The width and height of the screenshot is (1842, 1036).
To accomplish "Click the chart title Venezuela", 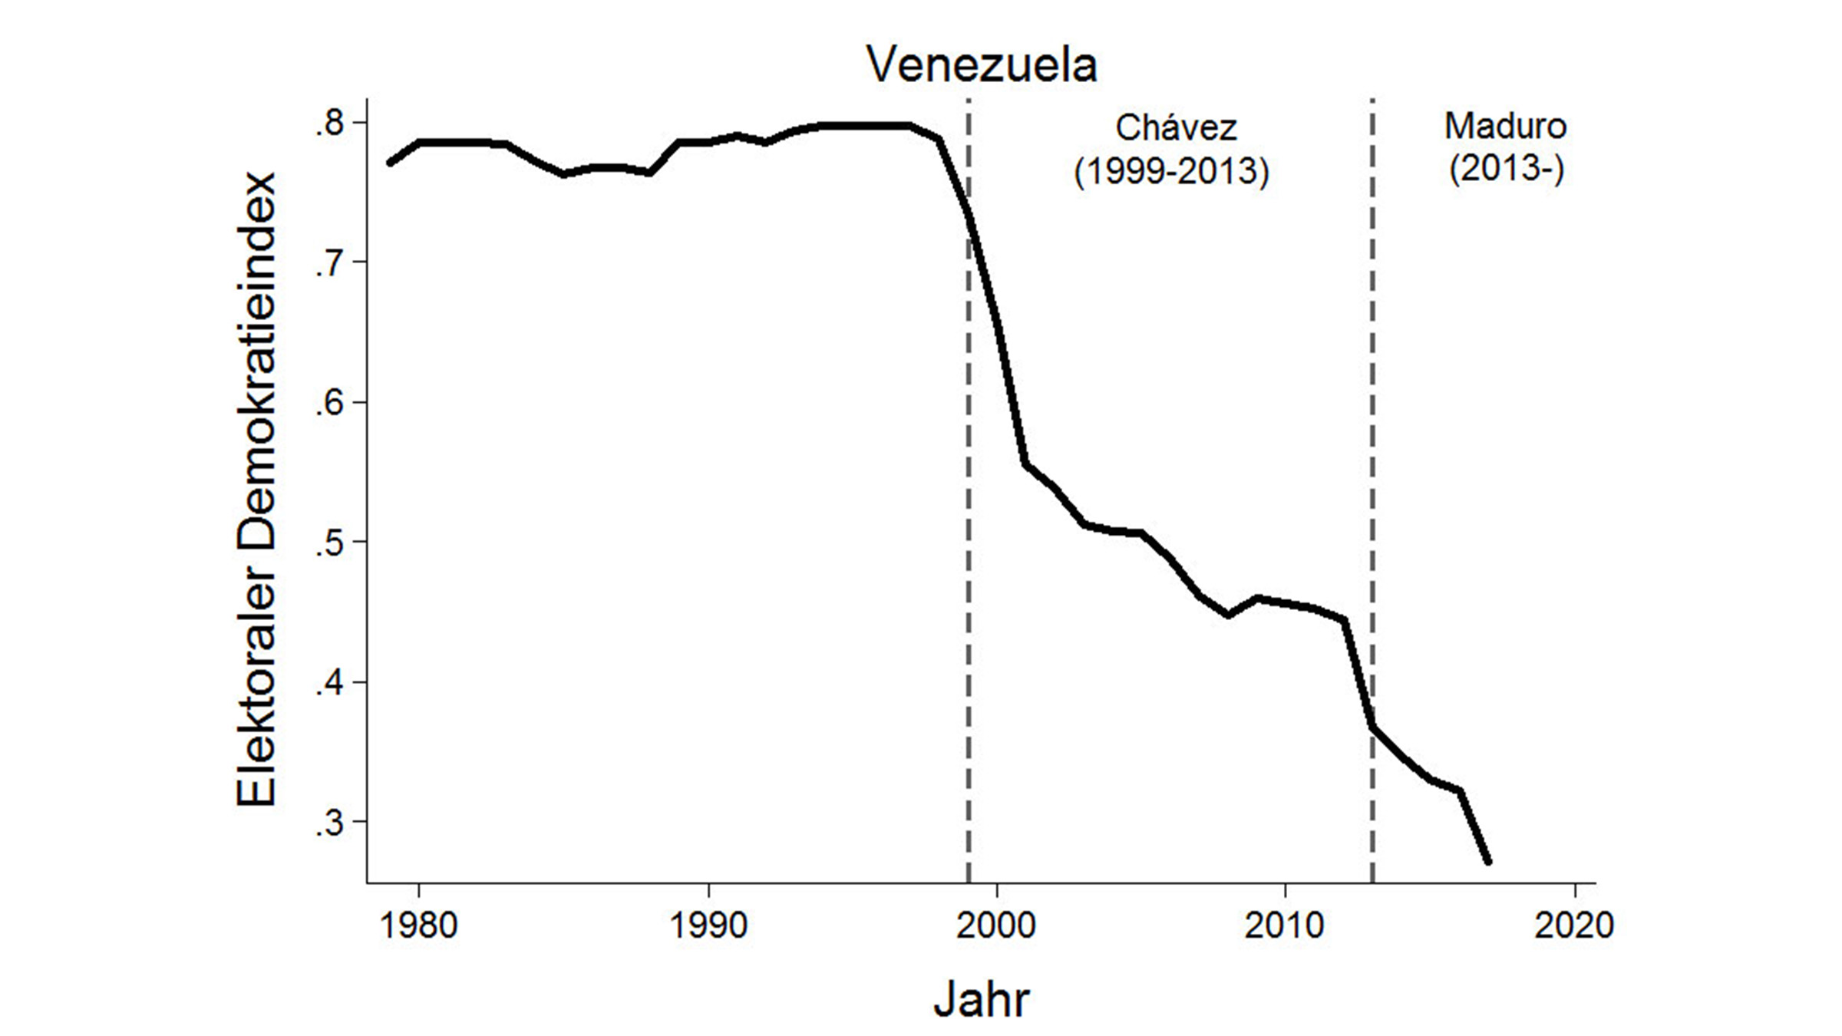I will tap(982, 64).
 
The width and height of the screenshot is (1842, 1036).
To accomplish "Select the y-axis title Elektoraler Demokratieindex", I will tap(256, 490).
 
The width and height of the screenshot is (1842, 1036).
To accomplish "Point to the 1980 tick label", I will tap(418, 925).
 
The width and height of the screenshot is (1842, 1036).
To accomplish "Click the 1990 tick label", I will tap(708, 925).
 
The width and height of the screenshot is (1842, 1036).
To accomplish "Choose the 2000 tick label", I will tap(996, 925).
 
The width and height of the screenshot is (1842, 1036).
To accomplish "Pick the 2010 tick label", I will tap(1285, 925).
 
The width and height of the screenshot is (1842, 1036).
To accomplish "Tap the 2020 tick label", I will tap(1574, 925).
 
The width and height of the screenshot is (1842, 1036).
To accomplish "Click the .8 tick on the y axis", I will tap(331, 124).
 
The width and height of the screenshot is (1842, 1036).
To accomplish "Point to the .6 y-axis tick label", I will tap(331, 403).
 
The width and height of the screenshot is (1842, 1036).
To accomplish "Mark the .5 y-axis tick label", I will tap(331, 543).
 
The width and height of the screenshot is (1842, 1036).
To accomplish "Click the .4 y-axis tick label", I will tap(331, 682).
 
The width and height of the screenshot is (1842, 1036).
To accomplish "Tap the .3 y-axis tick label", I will tap(331, 822).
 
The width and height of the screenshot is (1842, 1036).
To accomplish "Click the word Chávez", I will tap(1176, 127).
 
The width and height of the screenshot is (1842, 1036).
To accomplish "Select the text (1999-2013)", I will tap(1171, 170).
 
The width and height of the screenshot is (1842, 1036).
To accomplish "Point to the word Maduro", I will tap(1505, 126).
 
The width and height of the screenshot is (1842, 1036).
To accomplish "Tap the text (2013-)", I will tap(1506, 169).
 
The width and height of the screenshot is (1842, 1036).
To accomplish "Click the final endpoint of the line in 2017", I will tap(1488, 862).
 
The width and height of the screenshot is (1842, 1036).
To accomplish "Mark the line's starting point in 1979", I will tap(390, 163).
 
